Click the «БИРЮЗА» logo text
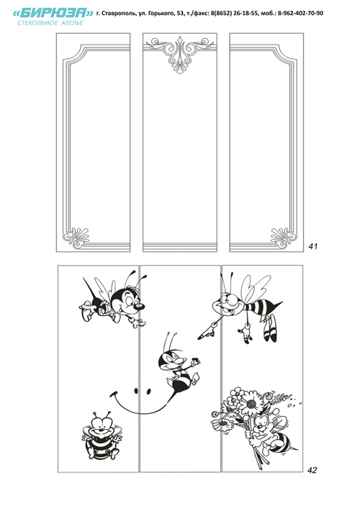click(53, 13)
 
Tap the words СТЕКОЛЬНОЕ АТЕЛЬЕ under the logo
click(50, 23)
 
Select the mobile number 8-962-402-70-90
click(300, 13)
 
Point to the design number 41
click(313, 246)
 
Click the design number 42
click(312, 470)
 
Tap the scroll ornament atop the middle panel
click(179, 53)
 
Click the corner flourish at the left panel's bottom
click(76, 238)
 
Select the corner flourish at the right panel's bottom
click(284, 238)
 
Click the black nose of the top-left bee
click(140, 306)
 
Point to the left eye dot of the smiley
click(136, 391)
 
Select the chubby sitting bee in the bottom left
click(102, 436)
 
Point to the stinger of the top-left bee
click(89, 287)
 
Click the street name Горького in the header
click(157, 13)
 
